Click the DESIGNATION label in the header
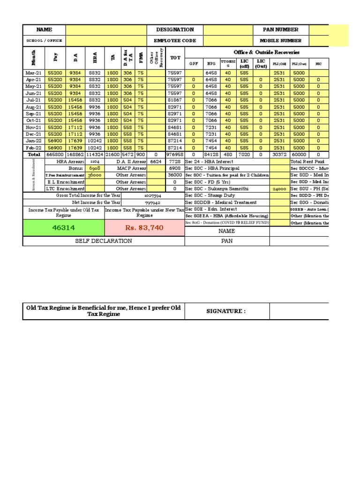[175, 30]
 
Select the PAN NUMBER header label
[280, 30]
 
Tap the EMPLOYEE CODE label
[175, 41]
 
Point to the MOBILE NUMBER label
[281, 41]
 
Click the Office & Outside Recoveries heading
[266, 52]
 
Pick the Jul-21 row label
[34, 100]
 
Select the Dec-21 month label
[34, 134]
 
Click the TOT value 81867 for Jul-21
[175, 100]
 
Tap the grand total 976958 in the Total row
[175, 154]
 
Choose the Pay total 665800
[55, 154]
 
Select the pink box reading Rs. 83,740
[144, 227]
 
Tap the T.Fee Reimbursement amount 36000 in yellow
[95, 175]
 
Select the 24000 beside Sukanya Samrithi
[279, 189]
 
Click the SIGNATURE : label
[227, 311]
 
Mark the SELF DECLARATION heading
[104, 241]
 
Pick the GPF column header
[194, 64]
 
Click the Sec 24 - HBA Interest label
[210, 161]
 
